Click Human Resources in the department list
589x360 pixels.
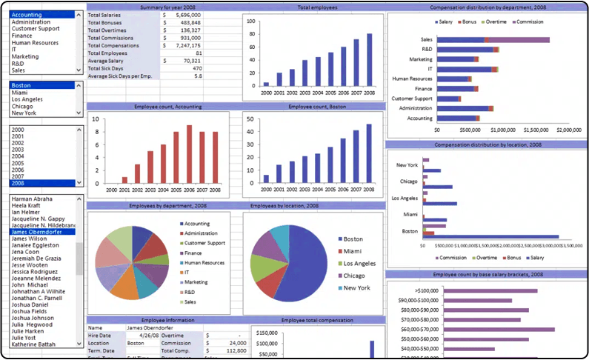coord(35,42)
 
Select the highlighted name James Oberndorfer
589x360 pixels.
coord(37,232)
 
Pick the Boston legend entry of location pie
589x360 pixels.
coord(353,239)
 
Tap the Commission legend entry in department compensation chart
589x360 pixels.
coord(528,21)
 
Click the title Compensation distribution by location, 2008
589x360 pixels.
coord(486,144)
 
